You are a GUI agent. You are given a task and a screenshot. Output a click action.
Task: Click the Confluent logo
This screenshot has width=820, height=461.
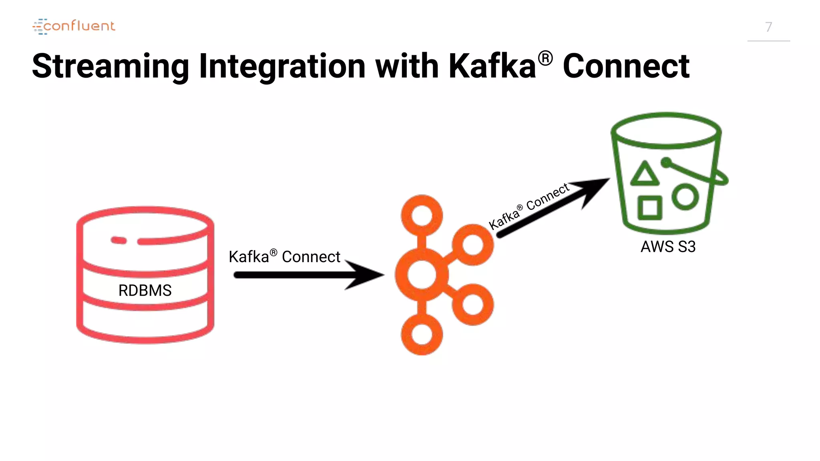point(74,26)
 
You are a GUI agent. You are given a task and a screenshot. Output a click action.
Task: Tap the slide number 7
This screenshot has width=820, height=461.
point(768,27)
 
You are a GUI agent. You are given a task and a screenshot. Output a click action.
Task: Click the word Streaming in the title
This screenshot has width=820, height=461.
point(110,66)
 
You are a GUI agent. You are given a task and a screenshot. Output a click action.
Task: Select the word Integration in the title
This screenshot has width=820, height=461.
point(282,66)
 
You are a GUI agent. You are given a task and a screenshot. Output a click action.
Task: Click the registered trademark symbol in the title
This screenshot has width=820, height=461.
point(545,58)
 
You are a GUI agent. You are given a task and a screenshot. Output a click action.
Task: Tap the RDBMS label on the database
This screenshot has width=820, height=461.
point(145,290)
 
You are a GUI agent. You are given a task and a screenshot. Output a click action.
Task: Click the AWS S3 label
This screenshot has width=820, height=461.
point(668,247)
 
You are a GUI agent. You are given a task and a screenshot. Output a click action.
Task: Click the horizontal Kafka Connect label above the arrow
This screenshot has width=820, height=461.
point(284,257)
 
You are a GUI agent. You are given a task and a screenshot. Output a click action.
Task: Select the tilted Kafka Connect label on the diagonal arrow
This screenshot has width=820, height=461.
point(529,206)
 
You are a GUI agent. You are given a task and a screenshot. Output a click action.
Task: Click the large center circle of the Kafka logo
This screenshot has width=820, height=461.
point(422,275)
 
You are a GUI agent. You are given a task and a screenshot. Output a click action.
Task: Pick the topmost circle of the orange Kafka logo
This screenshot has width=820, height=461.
point(422,216)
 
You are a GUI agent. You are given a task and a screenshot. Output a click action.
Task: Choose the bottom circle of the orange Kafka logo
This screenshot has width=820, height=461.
point(422,334)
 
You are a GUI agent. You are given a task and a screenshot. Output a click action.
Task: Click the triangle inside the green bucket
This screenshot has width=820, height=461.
point(645,175)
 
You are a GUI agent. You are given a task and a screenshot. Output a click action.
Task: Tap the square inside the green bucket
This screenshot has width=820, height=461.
point(649,208)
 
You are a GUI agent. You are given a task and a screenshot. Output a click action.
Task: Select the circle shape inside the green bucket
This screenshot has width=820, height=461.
point(685,197)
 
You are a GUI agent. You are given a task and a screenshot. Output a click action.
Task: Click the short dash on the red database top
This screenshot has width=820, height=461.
point(119,240)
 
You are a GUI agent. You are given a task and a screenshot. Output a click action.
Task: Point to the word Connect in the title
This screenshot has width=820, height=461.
point(626,66)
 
